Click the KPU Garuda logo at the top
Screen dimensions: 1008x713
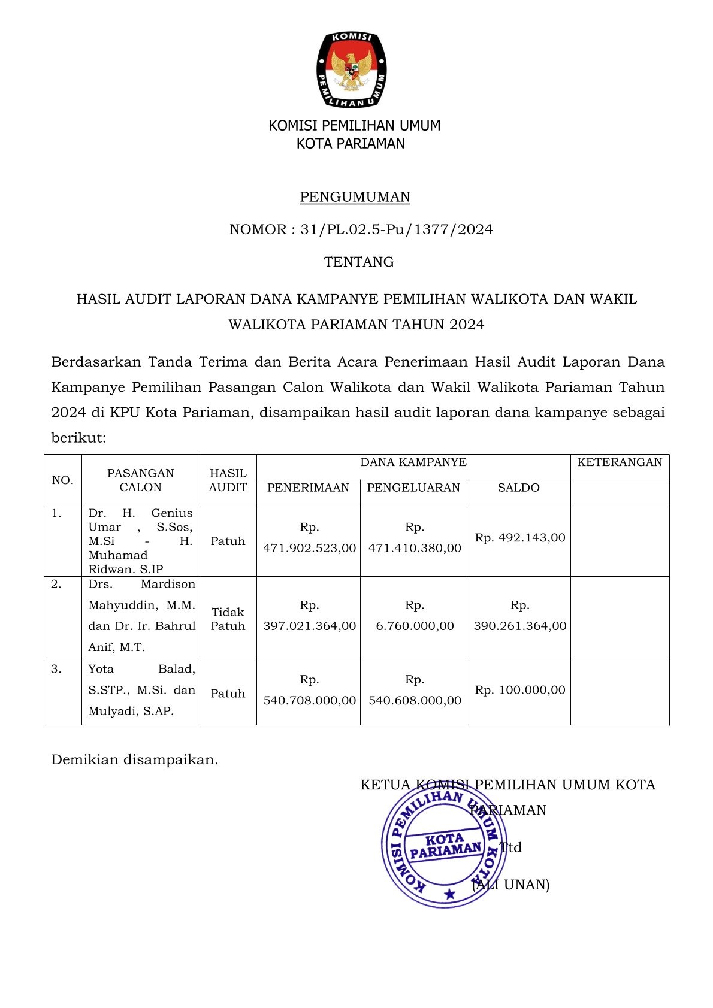click(x=352, y=70)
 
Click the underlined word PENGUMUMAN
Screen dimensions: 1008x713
click(x=355, y=197)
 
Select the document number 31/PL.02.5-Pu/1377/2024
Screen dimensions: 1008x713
click(x=396, y=229)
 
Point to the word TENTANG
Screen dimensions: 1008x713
click(x=359, y=262)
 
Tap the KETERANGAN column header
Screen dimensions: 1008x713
click(x=620, y=462)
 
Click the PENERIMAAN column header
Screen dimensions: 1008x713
click(x=308, y=488)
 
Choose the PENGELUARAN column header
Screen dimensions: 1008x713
click(x=413, y=488)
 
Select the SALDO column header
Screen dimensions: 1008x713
click(x=518, y=488)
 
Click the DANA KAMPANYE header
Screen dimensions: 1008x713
click(x=413, y=462)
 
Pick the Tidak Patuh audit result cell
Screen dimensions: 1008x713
click(x=228, y=619)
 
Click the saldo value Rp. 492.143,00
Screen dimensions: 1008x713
click(x=520, y=538)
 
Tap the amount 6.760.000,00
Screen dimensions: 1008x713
click(x=415, y=626)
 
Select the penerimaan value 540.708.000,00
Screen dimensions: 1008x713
click(x=310, y=700)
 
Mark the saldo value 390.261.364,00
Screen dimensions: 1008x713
click(x=520, y=626)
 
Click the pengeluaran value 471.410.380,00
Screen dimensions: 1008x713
click(x=415, y=548)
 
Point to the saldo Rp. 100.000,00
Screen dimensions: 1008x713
click(x=520, y=690)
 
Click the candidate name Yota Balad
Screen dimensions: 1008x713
click(x=141, y=669)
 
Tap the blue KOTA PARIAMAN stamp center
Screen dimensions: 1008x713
click(x=445, y=845)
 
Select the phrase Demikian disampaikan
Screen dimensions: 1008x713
click(x=135, y=760)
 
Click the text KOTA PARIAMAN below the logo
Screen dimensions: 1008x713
click(x=351, y=144)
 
